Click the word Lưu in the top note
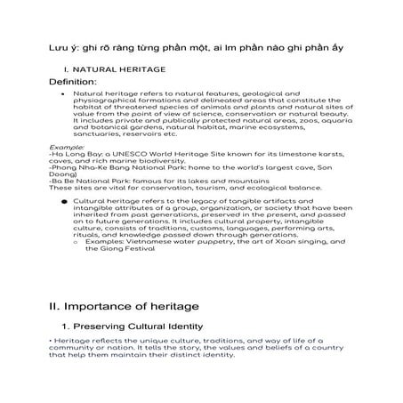[57, 45]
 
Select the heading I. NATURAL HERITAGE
[112, 69]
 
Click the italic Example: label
[67, 146]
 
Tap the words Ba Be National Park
[88, 181]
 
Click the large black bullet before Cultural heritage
[64, 202]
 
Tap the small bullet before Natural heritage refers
[61, 92]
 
